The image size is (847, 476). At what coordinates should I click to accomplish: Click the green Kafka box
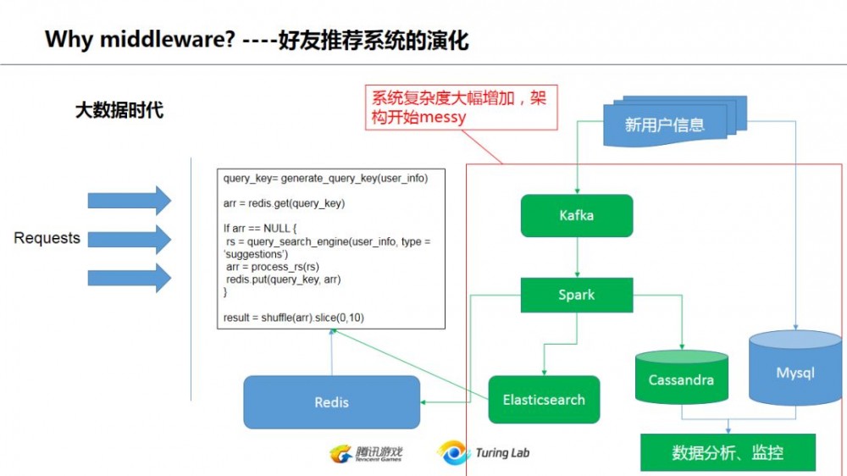point(576,215)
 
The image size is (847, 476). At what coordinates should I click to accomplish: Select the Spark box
point(576,295)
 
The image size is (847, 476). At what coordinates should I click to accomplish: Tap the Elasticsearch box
point(544,400)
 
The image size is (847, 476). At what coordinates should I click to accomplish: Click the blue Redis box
point(331,402)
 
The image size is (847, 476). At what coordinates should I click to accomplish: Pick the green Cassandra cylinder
point(681,379)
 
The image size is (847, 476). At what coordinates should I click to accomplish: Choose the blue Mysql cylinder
point(794,371)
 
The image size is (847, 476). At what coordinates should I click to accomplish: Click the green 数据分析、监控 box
point(728,452)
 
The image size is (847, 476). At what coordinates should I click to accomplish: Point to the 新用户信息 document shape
point(664,125)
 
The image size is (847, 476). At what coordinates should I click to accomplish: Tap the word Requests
point(47,238)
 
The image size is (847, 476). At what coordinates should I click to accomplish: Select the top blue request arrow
point(130,200)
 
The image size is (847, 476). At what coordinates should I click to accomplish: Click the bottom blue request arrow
point(130,277)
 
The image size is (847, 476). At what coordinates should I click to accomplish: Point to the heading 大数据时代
point(119,110)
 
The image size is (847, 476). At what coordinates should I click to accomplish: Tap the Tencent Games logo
point(366,453)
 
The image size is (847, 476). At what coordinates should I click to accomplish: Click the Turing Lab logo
point(484,453)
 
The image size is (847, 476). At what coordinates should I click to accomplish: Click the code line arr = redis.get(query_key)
point(285,203)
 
